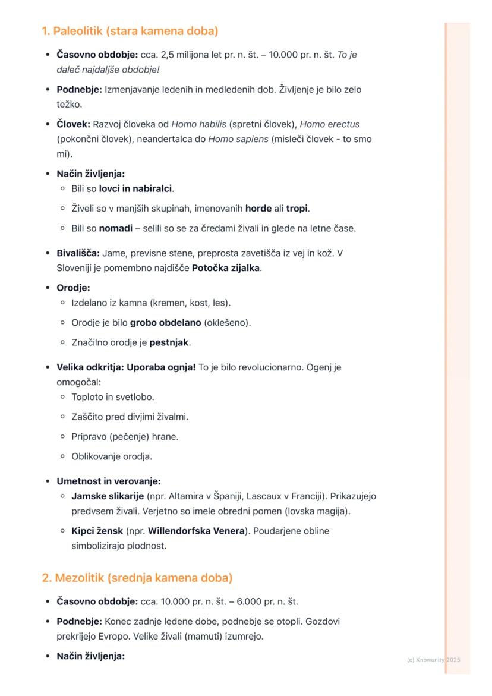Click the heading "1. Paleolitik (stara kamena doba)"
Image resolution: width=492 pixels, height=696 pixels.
click(x=130, y=30)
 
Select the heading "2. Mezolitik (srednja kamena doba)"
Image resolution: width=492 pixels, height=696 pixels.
click(x=137, y=578)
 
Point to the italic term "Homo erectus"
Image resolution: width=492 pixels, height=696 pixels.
click(x=329, y=124)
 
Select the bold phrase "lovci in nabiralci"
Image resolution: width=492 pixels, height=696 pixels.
click(x=135, y=188)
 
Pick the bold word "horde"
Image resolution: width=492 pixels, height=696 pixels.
click(x=258, y=209)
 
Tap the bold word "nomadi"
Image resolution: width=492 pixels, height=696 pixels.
click(x=115, y=228)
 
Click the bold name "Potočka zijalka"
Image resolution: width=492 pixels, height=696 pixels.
click(x=226, y=268)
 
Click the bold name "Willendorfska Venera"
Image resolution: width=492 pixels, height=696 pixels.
click(x=196, y=531)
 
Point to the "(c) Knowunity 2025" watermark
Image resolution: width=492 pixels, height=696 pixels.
click(x=434, y=660)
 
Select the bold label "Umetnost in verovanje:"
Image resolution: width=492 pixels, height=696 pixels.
click(x=109, y=481)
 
